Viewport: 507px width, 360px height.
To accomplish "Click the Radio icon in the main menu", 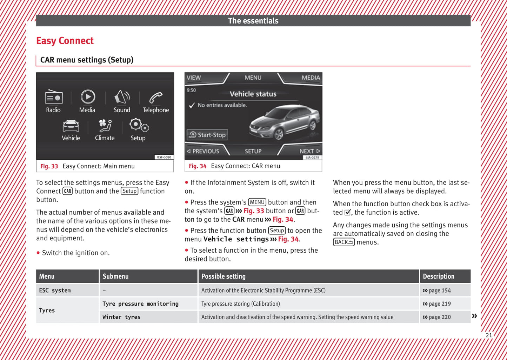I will [x=54, y=97].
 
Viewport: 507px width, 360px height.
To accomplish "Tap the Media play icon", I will [x=88, y=97].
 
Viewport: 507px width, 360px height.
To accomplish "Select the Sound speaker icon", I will [x=122, y=97].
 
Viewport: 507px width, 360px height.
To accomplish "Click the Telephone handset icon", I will [x=156, y=98].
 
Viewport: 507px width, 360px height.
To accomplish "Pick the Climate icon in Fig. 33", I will [x=105, y=126].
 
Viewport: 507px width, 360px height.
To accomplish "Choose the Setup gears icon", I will [x=139, y=125].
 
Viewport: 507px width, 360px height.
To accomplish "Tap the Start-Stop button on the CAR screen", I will [x=207, y=135].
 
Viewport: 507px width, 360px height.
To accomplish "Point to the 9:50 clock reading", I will [x=191, y=90].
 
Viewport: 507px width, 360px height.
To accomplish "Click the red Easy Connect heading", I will [x=65, y=41].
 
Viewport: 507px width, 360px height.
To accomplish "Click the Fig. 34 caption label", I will [x=198, y=166].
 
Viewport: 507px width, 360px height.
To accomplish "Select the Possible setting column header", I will [x=224, y=276].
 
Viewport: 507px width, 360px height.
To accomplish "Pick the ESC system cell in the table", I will [x=55, y=291].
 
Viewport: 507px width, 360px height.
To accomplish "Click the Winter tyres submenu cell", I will [x=121, y=317].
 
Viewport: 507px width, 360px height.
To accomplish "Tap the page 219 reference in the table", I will [x=437, y=304].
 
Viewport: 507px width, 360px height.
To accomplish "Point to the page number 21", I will [x=489, y=335].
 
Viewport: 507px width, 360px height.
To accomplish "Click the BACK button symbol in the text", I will [x=344, y=242].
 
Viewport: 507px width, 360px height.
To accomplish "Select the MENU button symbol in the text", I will [x=257, y=202].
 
